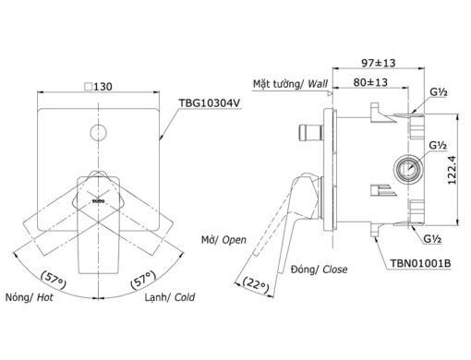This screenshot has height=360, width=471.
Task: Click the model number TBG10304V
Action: click(x=210, y=103)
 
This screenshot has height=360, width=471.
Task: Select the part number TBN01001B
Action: click(x=420, y=263)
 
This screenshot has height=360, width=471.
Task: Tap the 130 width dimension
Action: click(x=103, y=87)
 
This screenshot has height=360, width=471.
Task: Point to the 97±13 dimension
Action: click(x=378, y=63)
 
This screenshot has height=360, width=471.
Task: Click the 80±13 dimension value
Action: click(x=370, y=82)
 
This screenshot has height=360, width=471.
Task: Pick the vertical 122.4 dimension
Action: click(x=453, y=170)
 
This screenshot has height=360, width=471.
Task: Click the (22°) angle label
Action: click(x=256, y=284)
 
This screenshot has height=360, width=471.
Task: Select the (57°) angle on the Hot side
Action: click(x=54, y=280)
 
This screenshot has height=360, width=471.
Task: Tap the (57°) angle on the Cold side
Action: click(x=142, y=280)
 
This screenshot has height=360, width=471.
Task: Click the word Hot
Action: click(x=45, y=297)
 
